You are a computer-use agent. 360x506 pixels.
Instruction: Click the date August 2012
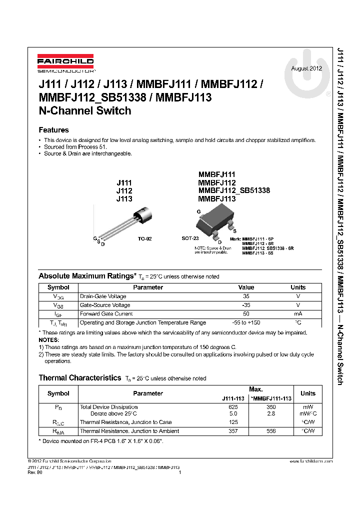tap(306, 68)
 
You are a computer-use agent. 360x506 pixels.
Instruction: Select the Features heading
tap(53, 130)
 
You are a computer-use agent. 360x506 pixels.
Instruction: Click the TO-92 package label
tap(145, 239)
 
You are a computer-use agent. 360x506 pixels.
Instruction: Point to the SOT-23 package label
tap(190, 239)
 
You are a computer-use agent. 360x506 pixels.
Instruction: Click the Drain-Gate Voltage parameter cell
tap(103, 296)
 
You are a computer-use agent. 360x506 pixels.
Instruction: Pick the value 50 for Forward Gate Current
tap(246, 313)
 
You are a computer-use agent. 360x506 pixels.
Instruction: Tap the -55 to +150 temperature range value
tap(246, 322)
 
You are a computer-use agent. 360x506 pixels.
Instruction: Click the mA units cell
tap(298, 313)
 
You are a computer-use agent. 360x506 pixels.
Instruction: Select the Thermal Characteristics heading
tap(80, 378)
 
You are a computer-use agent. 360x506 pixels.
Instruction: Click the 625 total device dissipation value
tap(233, 407)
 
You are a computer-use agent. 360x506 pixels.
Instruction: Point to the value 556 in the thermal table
tap(271, 431)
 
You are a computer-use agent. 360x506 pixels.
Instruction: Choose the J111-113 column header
tap(233, 398)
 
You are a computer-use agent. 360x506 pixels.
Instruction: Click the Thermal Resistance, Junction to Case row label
tap(125, 422)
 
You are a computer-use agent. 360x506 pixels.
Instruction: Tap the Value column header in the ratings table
tap(246, 287)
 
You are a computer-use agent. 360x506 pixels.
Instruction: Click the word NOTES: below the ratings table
tap(48, 339)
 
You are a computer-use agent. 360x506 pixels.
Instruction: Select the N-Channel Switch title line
tap(85, 111)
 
